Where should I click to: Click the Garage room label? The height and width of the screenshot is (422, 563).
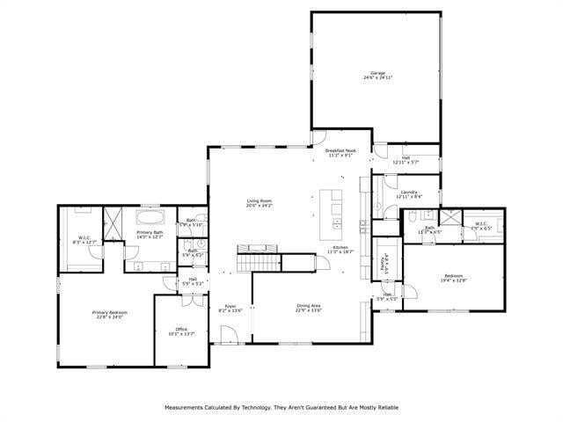coord(377,73)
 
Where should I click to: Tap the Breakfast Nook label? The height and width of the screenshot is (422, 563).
coord(340,151)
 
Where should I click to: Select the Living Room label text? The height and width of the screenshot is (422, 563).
coord(259,201)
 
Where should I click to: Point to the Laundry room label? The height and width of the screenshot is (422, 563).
coord(408,192)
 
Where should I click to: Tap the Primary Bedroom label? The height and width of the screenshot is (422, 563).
coord(111,312)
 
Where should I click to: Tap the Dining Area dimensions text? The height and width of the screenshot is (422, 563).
coord(309,310)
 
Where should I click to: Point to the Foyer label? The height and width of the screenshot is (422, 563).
coord(230,306)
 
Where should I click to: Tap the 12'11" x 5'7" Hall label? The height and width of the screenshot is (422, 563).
coord(406,159)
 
